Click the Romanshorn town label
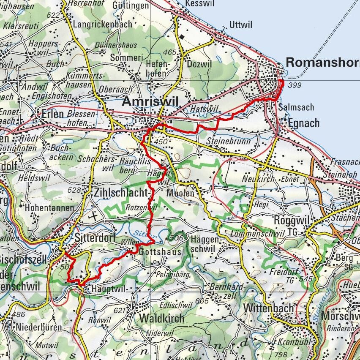coord(322,62)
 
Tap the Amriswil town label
coord(150,101)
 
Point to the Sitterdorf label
coord(95,238)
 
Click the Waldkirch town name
coord(162,318)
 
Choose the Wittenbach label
coord(268,308)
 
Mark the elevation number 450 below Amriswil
coord(161,142)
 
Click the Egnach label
coord(304,123)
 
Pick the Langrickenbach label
coord(103,25)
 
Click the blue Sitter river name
coord(140,232)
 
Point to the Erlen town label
coord(52,114)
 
